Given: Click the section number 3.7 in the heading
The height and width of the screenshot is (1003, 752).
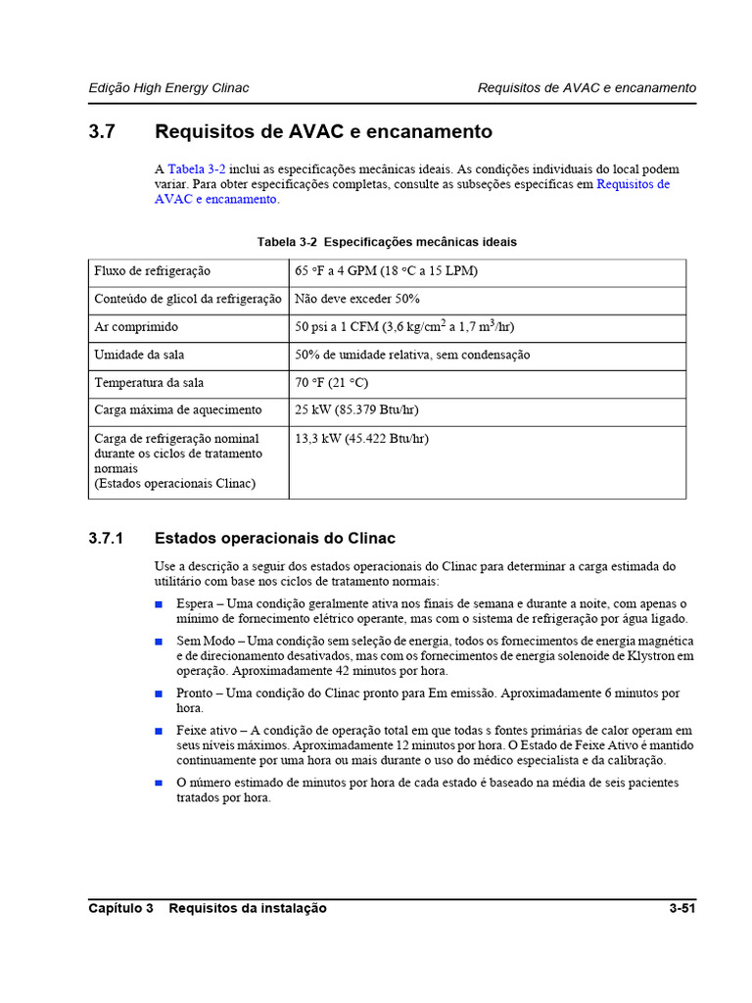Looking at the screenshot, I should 103,131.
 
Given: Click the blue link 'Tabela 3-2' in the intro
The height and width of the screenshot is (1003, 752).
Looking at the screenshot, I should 196,169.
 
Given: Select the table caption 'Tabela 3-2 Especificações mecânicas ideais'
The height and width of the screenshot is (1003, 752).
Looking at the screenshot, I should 387,242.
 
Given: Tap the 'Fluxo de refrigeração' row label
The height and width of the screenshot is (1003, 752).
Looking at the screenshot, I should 152,271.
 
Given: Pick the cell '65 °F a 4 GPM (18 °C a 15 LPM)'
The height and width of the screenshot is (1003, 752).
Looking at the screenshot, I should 386,271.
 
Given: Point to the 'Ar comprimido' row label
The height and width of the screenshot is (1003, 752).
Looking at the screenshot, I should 136,327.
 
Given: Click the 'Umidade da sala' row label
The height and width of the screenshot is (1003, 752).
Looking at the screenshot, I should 139,355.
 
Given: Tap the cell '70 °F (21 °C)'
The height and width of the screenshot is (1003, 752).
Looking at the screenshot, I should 331,383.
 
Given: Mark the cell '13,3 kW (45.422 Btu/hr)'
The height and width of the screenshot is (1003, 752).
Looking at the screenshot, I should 361,439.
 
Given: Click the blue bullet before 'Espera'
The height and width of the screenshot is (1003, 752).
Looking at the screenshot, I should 159,604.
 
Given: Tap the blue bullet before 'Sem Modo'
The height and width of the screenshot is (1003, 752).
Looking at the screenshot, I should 159,641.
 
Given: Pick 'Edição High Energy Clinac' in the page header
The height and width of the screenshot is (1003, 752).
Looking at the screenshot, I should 168,88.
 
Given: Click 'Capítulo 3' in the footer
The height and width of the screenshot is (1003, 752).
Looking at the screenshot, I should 120,909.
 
